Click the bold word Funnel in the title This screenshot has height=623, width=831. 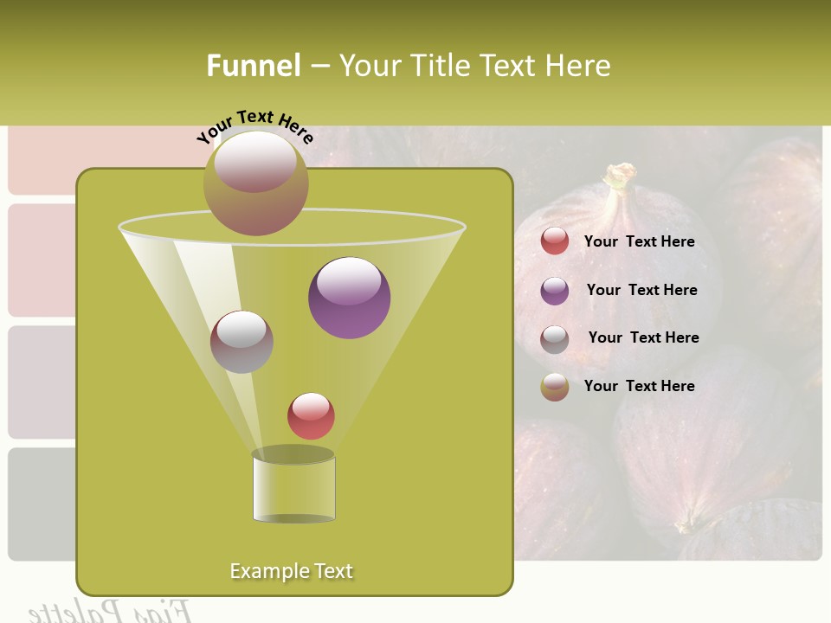coord(254,66)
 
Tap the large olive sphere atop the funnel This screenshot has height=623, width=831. coord(256,183)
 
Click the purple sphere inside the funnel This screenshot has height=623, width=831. coord(350,298)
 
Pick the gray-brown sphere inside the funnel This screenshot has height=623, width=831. coord(242,342)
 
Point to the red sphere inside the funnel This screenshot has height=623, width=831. coord(311,415)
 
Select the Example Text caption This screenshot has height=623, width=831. coord(292,571)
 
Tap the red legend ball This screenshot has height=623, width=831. coord(555,241)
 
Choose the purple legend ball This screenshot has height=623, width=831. coord(555,291)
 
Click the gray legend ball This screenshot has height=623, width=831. coord(555,339)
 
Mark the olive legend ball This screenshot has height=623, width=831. coord(555,387)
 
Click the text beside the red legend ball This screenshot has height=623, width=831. coord(639,241)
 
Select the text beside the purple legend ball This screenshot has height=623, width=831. coord(641,290)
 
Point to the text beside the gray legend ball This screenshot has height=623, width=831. coord(643,337)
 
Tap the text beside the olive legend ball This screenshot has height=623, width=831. coord(639,386)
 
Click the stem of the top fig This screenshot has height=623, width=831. coord(620,177)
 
